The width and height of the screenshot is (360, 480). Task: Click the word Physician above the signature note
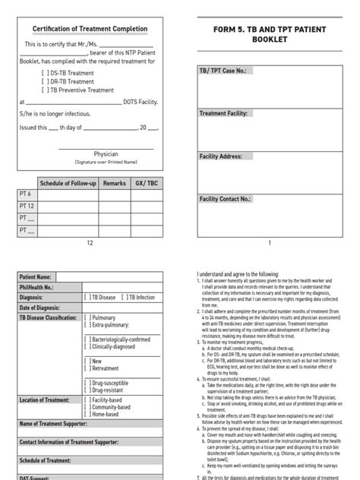(x=106, y=153)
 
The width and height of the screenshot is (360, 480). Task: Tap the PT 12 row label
(x=27, y=206)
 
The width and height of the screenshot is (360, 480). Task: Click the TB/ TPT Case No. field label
(x=225, y=70)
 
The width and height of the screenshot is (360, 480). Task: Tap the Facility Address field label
(x=221, y=156)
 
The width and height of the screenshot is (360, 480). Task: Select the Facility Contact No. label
(x=225, y=199)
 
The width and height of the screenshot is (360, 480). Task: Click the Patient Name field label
(x=35, y=277)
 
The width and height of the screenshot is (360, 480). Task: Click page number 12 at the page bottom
(x=89, y=243)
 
